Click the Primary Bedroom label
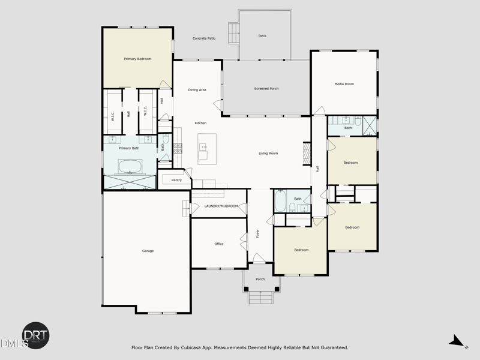tap(137, 59)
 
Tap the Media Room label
tap(344, 84)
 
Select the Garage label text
tap(148, 251)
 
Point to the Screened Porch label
tap(266, 89)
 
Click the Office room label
tap(219, 244)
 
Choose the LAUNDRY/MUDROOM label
tap(221, 206)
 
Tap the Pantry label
tap(176, 180)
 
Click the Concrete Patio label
tap(204, 38)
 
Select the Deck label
tap(262, 36)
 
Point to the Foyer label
tap(257, 233)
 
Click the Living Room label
tap(268, 154)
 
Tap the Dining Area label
tap(197, 90)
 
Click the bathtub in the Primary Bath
tap(129, 166)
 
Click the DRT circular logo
tap(36, 335)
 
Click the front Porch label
tap(260, 280)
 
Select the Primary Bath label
tap(129, 148)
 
